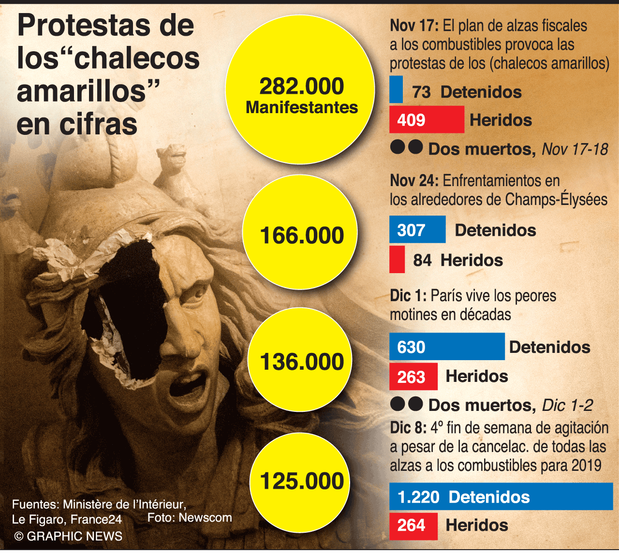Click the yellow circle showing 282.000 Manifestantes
tap(300, 89)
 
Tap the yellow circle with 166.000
tap(300, 233)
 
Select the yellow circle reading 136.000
tap(300, 360)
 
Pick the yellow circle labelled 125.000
tap(300, 482)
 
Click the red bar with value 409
tap(427, 119)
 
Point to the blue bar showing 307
tap(417, 229)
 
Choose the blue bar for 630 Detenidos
tap(447, 346)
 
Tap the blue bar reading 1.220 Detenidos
tap(501, 496)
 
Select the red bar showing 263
tap(413, 376)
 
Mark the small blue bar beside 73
tap(396, 89)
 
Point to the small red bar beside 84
tap(397, 259)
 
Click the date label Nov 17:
tap(414, 26)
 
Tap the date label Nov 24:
tap(414, 181)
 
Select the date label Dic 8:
tap(408, 428)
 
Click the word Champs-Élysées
tap(556, 200)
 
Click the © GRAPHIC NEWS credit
tap(68, 536)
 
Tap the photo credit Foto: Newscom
tap(190, 517)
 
